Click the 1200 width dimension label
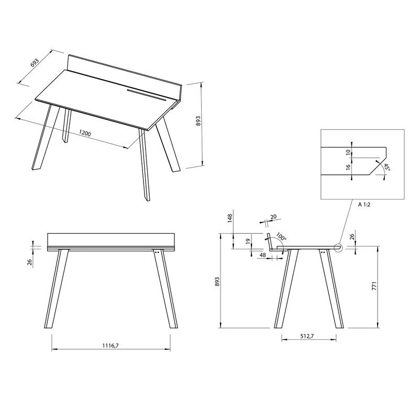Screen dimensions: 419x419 point(85,133)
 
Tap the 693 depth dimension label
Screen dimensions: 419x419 point(35,62)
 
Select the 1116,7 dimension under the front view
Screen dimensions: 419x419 point(111,346)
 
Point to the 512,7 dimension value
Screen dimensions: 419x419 point(307,336)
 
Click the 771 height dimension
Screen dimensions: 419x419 point(374,286)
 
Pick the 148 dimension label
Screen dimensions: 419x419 point(230,218)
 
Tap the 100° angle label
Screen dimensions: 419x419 point(281,237)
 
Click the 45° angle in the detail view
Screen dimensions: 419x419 point(387,167)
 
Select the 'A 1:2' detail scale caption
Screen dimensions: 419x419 point(364,205)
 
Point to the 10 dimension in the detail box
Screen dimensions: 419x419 point(348,152)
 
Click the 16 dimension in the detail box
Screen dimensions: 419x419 point(348,167)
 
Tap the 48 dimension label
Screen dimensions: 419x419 point(263,255)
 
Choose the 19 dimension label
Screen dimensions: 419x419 point(248,241)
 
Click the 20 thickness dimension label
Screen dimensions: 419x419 point(273,217)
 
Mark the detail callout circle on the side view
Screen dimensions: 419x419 point(338,248)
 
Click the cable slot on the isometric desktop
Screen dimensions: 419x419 point(147,95)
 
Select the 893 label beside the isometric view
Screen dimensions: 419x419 point(198,121)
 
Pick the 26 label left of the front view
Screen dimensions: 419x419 point(30,261)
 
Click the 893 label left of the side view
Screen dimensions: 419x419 point(217,282)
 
